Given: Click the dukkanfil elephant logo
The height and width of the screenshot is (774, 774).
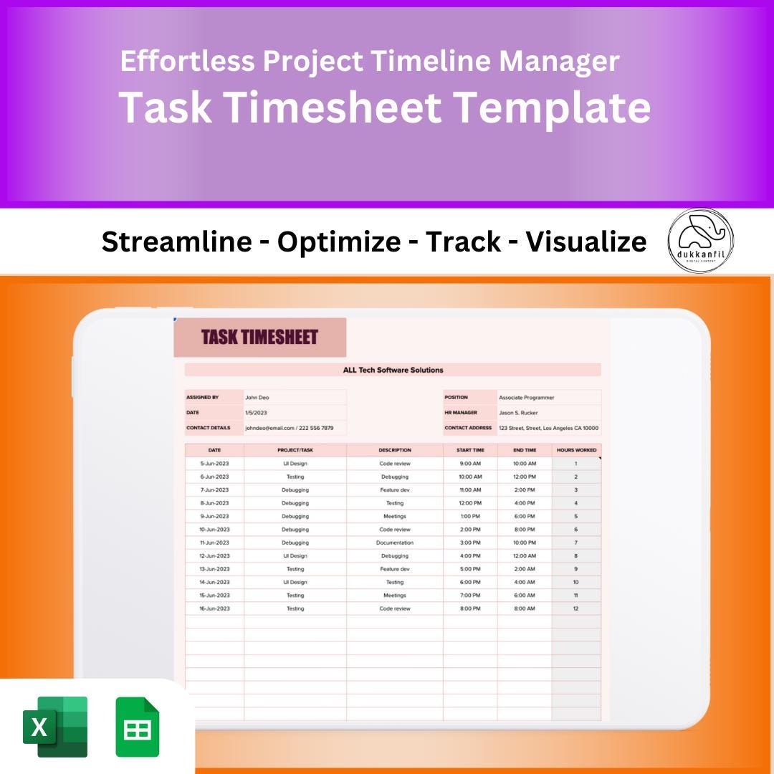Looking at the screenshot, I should click(700, 241).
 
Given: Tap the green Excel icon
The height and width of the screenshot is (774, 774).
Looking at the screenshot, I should click(55, 727).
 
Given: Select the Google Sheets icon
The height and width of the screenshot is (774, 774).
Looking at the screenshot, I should click(137, 727).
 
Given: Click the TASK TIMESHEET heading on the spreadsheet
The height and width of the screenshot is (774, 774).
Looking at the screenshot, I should click(259, 338).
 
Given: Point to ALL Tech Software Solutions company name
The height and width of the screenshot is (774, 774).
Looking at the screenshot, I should click(393, 370).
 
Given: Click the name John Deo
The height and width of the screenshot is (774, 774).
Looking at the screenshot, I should click(257, 397).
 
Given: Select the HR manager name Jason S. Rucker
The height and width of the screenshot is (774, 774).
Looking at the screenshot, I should click(518, 413).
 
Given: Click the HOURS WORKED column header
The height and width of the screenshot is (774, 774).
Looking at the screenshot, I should click(576, 450).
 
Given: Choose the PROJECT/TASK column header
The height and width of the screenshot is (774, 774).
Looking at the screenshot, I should click(295, 450).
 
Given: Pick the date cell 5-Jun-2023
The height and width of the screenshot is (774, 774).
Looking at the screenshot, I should click(214, 464).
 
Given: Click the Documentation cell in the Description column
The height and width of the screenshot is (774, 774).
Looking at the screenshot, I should click(395, 543).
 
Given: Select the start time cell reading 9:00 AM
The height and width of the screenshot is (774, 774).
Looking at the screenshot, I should click(470, 464).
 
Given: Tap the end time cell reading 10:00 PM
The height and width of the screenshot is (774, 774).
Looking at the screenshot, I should click(525, 543).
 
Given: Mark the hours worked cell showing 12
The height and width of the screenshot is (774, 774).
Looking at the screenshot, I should click(575, 608).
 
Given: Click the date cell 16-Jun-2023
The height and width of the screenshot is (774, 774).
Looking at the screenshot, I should click(214, 608).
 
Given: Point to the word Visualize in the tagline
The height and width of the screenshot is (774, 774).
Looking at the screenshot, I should click(586, 242).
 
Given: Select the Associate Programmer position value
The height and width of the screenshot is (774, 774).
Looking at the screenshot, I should click(527, 397).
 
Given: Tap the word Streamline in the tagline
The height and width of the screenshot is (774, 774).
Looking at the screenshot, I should click(176, 242).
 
